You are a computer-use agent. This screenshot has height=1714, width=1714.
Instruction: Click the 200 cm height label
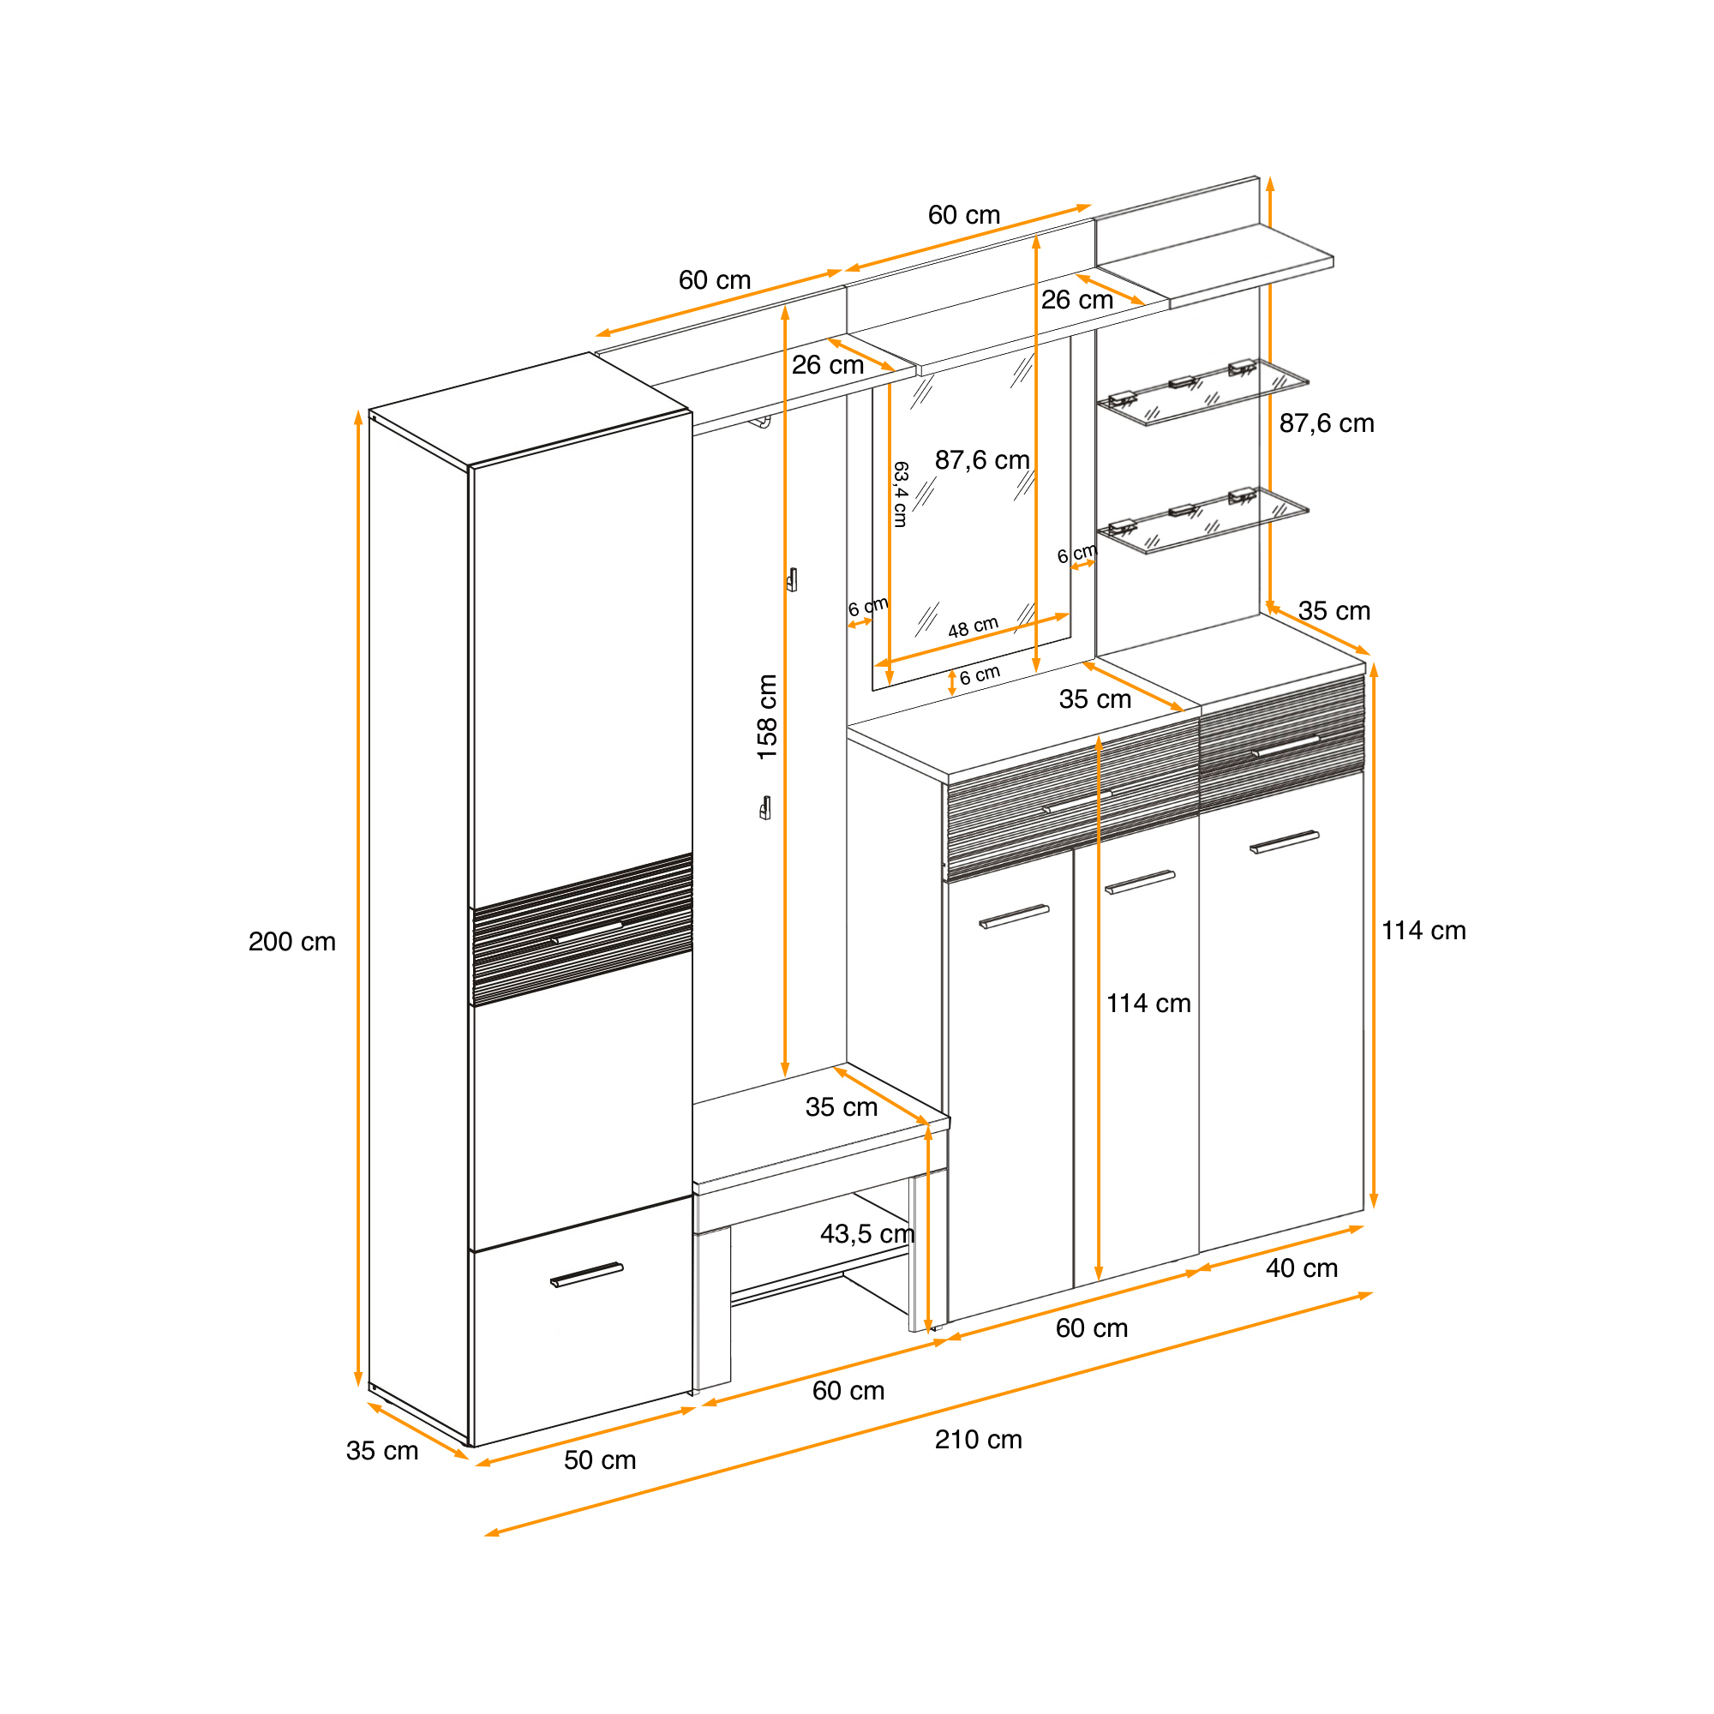coord(292,941)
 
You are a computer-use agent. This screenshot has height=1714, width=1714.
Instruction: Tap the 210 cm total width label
coord(979,1439)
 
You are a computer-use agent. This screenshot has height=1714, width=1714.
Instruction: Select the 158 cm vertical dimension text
coord(766,716)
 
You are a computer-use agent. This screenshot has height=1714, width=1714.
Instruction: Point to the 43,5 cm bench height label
coord(866,1234)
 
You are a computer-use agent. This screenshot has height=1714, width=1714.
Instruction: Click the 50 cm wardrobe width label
coord(600,1460)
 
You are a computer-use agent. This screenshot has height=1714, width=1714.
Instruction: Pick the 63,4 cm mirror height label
coord(901,494)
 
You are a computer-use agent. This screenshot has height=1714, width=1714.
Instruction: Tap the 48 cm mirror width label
coord(974,627)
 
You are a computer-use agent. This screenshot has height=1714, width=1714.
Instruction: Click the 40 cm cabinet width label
coord(1302,1268)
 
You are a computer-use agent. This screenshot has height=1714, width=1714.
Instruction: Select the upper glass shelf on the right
coord(1203,392)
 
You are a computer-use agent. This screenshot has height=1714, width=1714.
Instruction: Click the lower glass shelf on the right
coord(1203,520)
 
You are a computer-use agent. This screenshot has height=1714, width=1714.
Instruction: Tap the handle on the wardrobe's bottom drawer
coord(586,1275)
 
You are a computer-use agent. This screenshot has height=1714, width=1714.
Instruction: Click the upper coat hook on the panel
coord(792,579)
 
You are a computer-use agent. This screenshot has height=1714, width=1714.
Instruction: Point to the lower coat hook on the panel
coord(765,808)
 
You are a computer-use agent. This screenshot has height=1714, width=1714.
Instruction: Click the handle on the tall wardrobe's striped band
coord(585,933)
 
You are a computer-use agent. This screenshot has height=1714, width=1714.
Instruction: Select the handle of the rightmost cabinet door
coord(1285,842)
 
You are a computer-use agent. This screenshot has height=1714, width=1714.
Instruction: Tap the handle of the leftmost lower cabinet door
coord(1014,916)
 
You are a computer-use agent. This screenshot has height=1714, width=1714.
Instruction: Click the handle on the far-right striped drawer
coord(1285,747)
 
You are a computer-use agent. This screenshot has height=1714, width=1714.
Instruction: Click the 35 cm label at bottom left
coord(381,1451)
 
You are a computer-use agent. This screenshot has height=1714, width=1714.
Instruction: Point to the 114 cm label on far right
coord(1423,931)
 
